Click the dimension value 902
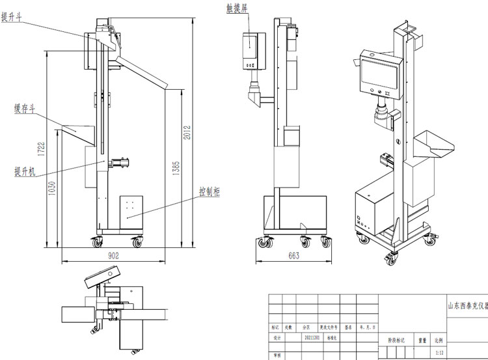pyautogui.click(x=114, y=256)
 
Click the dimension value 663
pyautogui.click(x=293, y=256)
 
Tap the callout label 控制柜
pyautogui.click(x=209, y=193)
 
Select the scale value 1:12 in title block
pyautogui.click(x=440, y=352)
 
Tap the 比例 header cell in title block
pyautogui.click(x=441, y=339)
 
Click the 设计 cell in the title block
pyautogui.click(x=277, y=339)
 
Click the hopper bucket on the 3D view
pyautogui.click(x=431, y=145)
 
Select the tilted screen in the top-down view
pyautogui.click(x=101, y=278)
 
